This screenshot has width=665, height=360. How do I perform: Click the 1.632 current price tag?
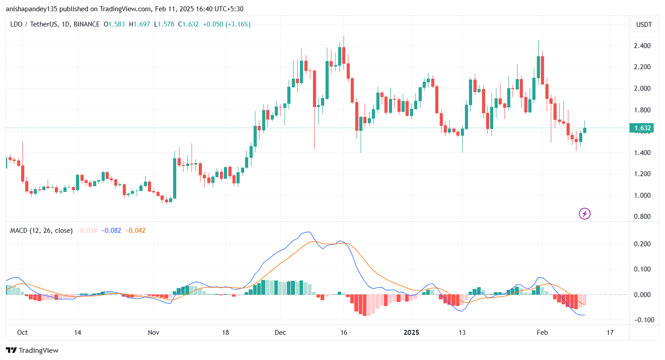click(643, 128)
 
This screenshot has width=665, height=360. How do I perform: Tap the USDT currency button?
click(643, 25)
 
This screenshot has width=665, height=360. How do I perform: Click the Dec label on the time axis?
click(280, 333)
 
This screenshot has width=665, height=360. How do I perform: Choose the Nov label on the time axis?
click(153, 333)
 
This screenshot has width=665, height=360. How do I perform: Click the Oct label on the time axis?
click(22, 333)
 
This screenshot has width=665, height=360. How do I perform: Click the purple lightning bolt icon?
click(584, 213)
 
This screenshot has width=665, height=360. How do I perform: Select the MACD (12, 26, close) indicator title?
click(41, 231)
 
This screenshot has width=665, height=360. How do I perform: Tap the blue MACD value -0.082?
click(111, 231)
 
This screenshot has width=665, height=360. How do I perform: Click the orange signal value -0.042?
click(136, 231)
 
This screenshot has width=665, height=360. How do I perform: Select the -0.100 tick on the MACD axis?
click(642, 320)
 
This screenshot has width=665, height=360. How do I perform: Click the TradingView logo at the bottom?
click(32, 350)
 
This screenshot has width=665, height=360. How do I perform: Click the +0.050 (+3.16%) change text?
click(227, 24)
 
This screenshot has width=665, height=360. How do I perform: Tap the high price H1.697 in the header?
click(139, 24)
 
